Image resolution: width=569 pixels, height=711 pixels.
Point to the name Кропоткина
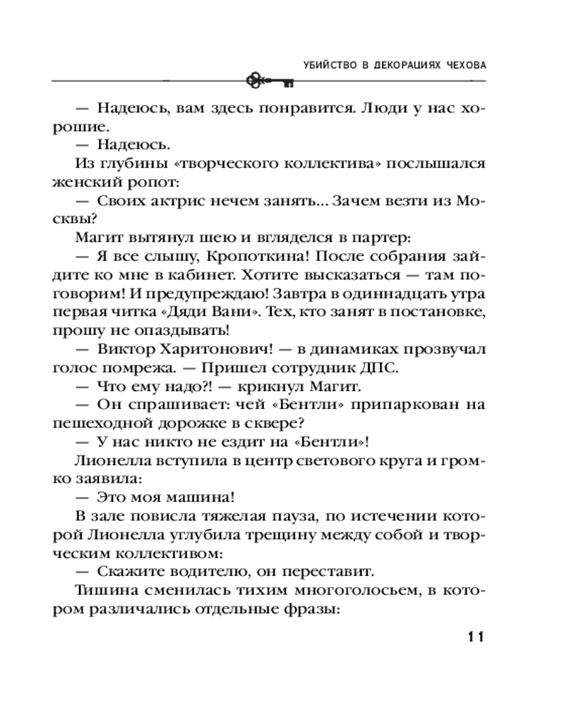coord(267,256)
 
